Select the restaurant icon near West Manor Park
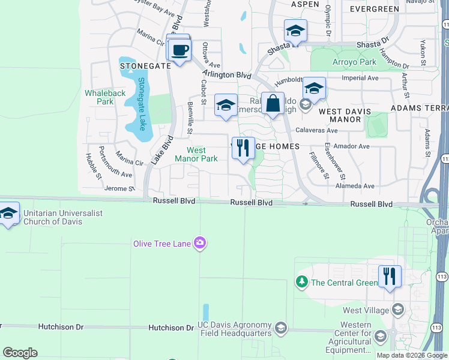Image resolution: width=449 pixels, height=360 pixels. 243,148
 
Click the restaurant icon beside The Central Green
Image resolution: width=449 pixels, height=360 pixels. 390,277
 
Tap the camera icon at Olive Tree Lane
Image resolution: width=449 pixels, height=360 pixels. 200,243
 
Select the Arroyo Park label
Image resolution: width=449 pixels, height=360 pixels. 352,62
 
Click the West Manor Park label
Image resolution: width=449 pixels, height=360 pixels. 196,155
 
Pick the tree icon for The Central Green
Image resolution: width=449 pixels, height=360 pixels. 301,281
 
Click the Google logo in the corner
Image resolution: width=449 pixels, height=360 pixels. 20,353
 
